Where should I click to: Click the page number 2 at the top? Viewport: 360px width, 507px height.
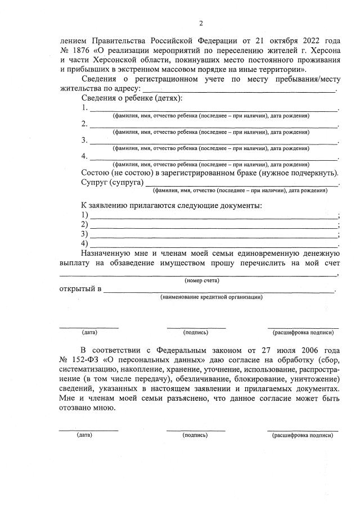point(200,23)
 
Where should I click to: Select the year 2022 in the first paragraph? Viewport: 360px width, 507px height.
point(304,41)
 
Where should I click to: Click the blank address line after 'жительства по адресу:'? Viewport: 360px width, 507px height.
point(239,88)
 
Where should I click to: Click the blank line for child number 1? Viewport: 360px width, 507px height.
point(214,108)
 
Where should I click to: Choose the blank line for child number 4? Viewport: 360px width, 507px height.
point(214,157)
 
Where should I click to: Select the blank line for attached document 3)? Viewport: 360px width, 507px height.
point(214,234)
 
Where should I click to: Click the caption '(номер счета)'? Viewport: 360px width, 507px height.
point(202,280)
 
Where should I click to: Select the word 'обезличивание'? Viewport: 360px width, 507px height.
point(205,378)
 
